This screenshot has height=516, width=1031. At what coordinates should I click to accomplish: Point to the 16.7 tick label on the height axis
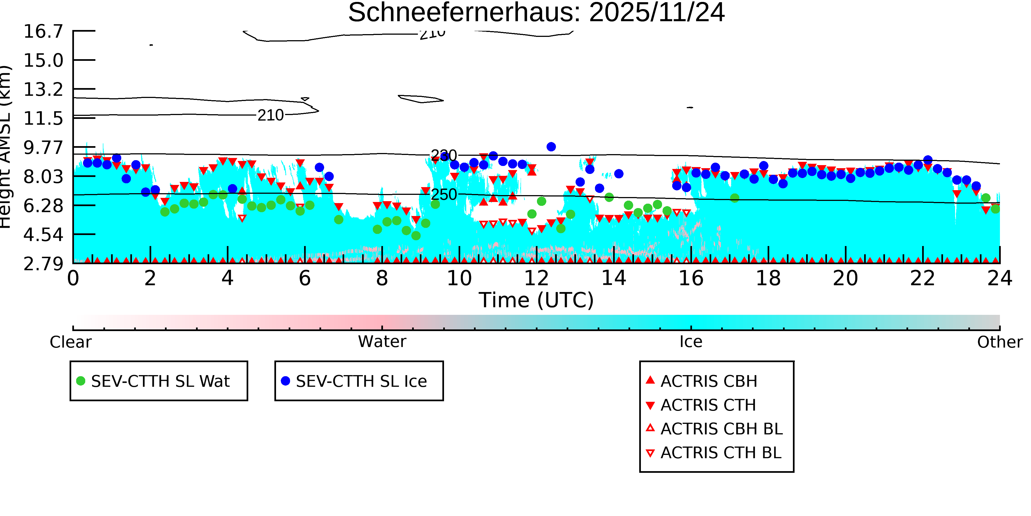click(43, 32)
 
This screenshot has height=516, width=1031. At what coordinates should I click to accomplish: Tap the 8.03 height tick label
click(43, 177)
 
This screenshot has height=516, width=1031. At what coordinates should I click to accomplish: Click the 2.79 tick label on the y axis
click(43, 264)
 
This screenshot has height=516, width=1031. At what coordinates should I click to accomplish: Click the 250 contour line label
click(443, 195)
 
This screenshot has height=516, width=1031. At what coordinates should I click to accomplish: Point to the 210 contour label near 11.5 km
click(271, 115)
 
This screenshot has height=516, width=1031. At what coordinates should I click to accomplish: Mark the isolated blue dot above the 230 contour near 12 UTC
click(551, 147)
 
